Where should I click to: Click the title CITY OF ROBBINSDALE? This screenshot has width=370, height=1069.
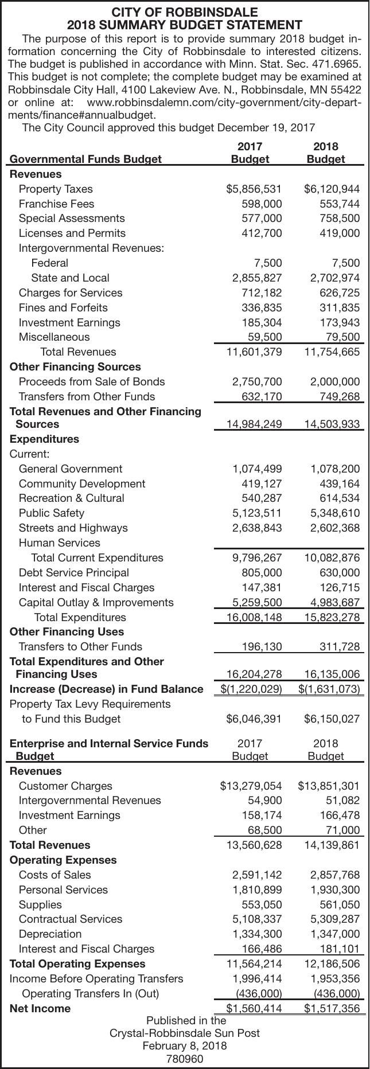pyautogui.click(x=185, y=12)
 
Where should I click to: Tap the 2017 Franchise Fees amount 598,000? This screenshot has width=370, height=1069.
pyautogui.click(x=260, y=204)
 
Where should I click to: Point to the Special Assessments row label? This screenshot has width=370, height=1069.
pyautogui.click(x=72, y=219)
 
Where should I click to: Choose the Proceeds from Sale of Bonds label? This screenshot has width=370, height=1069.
pyautogui.click(x=92, y=381)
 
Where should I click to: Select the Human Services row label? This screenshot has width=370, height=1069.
pyautogui.click(x=60, y=543)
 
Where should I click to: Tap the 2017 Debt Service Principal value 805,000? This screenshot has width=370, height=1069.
pyautogui.click(x=260, y=572)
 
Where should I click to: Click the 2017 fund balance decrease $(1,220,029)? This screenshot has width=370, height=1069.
pyautogui.click(x=251, y=689)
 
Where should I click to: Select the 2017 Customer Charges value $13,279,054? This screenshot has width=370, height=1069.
pyautogui.click(x=251, y=786)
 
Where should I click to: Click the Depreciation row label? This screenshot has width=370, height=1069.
pyautogui.click(x=50, y=934)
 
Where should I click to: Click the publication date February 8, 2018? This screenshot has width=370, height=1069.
pyautogui.click(x=185, y=1045)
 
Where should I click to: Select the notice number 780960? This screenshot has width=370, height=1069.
pyautogui.click(x=185, y=1058)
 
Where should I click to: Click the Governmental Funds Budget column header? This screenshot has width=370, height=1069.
pyautogui.click(x=86, y=159)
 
